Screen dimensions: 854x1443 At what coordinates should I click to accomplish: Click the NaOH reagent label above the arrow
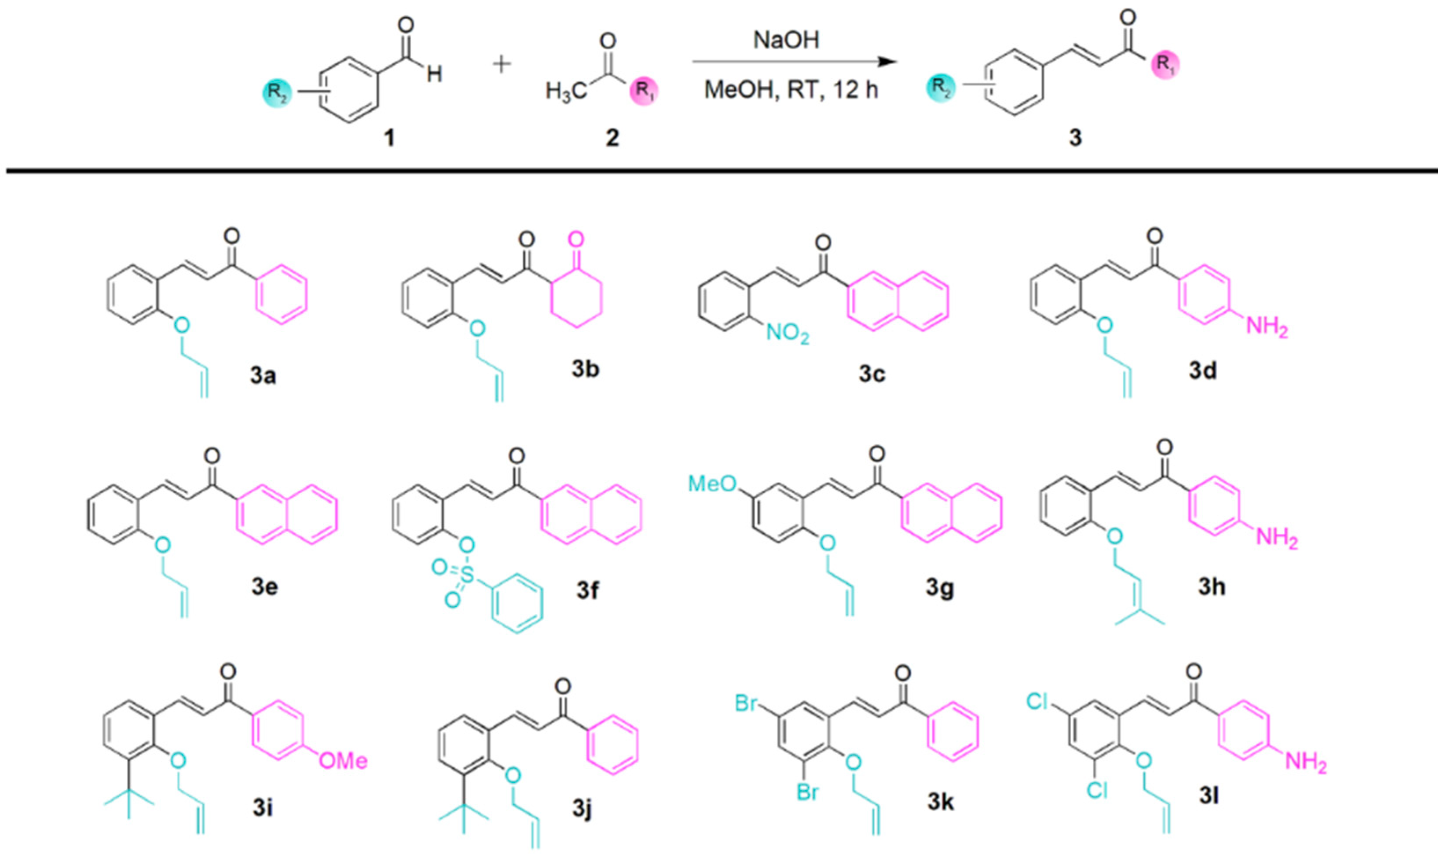(786, 40)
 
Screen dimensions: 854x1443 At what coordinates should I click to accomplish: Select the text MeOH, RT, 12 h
(791, 90)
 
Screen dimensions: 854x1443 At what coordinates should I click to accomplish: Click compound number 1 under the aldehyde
(389, 138)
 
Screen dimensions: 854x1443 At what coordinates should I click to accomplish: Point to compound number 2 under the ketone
(612, 138)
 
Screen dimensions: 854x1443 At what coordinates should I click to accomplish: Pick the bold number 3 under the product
(1075, 138)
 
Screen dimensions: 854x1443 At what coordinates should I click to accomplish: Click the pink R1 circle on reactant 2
(644, 92)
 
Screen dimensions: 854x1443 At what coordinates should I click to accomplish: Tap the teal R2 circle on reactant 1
(278, 93)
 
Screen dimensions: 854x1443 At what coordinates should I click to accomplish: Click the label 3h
(1212, 587)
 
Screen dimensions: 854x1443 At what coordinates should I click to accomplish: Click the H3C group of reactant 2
(566, 92)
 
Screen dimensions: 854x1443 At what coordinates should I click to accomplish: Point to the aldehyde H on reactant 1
(434, 74)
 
